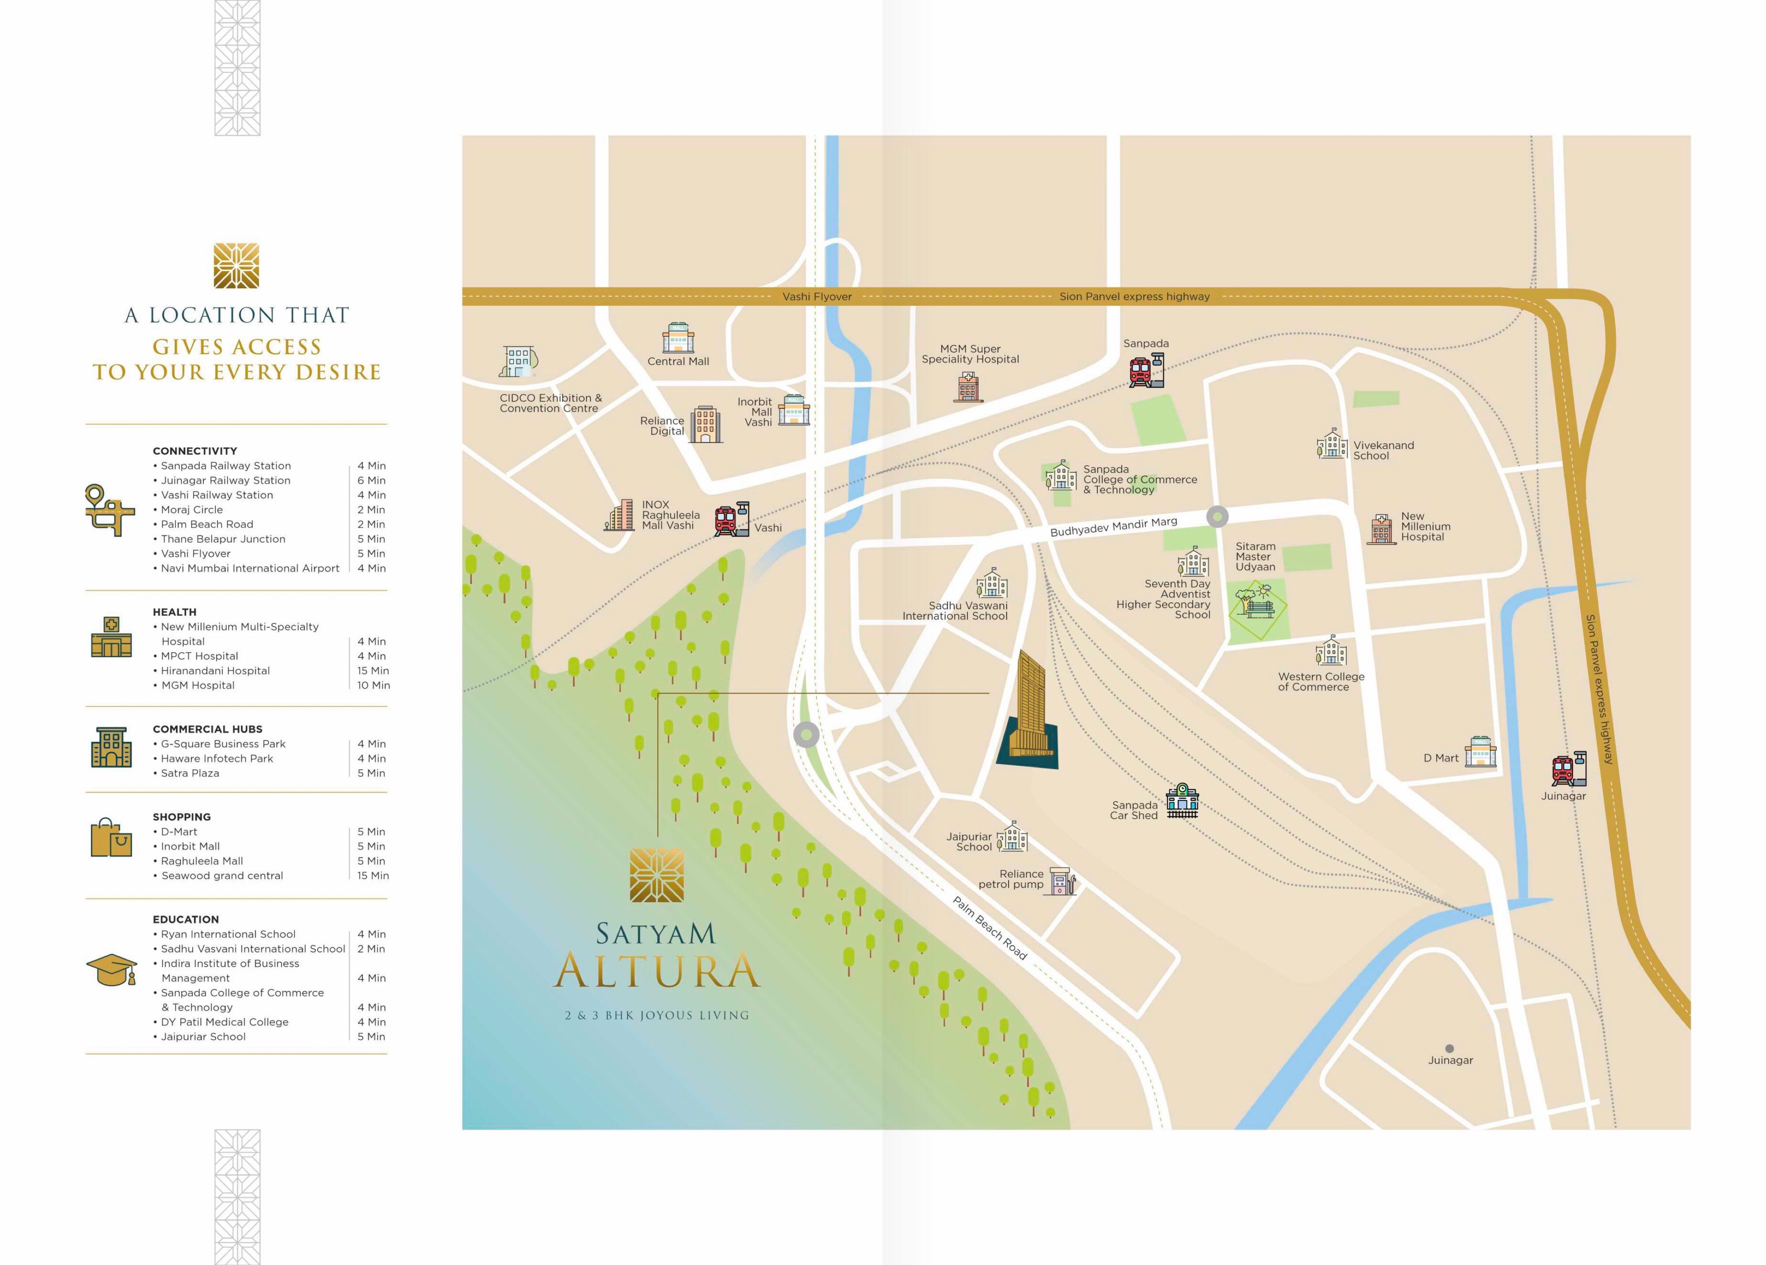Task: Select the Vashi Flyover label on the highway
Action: coord(817,297)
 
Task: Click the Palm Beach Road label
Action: coord(990,928)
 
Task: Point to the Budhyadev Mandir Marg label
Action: coord(1114,526)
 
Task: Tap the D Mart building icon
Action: coord(1480,752)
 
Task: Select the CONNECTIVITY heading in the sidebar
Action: coord(194,451)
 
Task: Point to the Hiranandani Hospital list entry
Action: coord(215,671)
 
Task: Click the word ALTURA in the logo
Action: coord(656,971)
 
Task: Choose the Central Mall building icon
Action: coord(677,338)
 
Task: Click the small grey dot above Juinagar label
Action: coord(1449,1048)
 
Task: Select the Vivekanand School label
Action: coord(1383,450)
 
